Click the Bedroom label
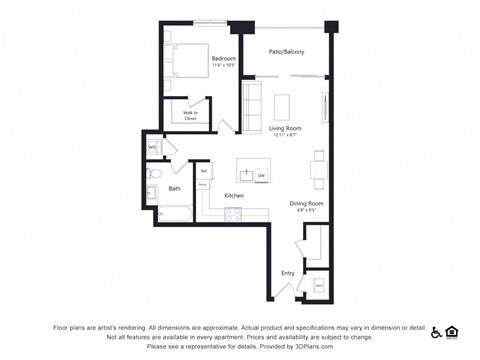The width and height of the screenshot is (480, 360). pyautogui.click(x=223, y=60)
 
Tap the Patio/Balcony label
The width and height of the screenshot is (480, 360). pyautogui.click(x=286, y=52)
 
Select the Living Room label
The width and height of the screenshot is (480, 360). pyautogui.click(x=285, y=128)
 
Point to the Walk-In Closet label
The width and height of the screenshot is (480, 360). pyautogui.click(x=189, y=115)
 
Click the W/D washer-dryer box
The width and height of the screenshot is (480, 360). pyautogui.click(x=153, y=147)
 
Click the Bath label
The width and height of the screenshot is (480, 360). pyautogui.click(x=175, y=188)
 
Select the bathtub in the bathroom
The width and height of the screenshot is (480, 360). pyautogui.click(x=174, y=213)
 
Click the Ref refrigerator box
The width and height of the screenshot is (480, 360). pyautogui.click(x=203, y=171)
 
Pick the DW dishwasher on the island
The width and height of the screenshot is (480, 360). pyautogui.click(x=261, y=176)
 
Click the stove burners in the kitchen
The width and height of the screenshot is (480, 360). pyautogui.click(x=233, y=213)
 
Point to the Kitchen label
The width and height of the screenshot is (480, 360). pyautogui.click(x=234, y=195)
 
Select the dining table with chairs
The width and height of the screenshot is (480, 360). pyautogui.click(x=318, y=169)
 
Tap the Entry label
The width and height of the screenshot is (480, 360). pyautogui.click(x=288, y=272)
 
